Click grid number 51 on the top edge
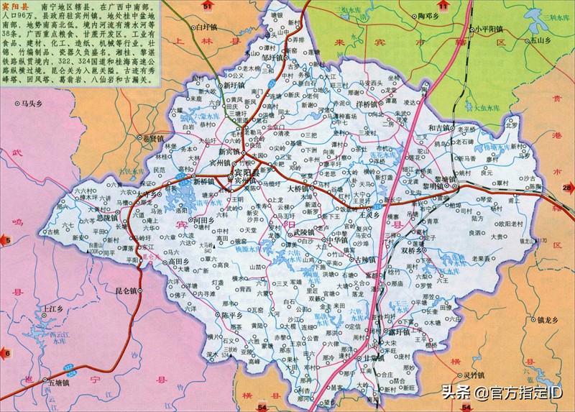coord(208,5)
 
